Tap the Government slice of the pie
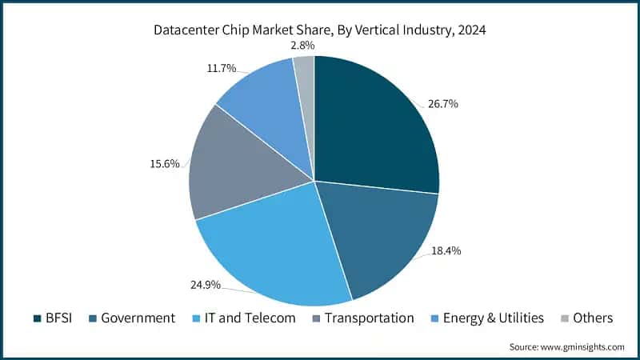[x=380, y=236]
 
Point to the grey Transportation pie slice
[x=232, y=168]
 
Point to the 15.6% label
[x=163, y=164]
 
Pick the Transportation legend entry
[x=364, y=318]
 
